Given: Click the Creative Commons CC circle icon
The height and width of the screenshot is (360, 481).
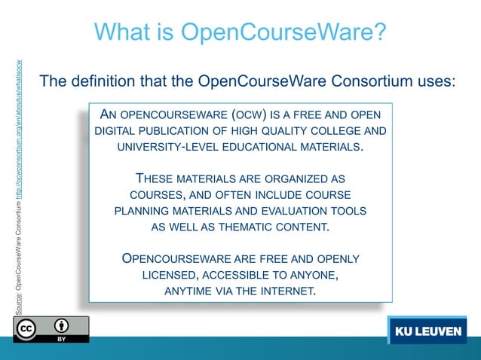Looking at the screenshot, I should coord(26,329).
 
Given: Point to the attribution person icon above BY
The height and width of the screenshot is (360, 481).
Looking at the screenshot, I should coord(62,326).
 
